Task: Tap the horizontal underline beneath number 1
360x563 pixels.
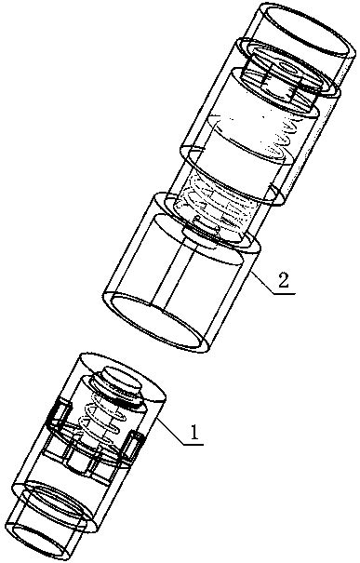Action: coord(190,445)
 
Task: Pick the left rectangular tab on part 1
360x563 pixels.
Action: coord(55,419)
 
